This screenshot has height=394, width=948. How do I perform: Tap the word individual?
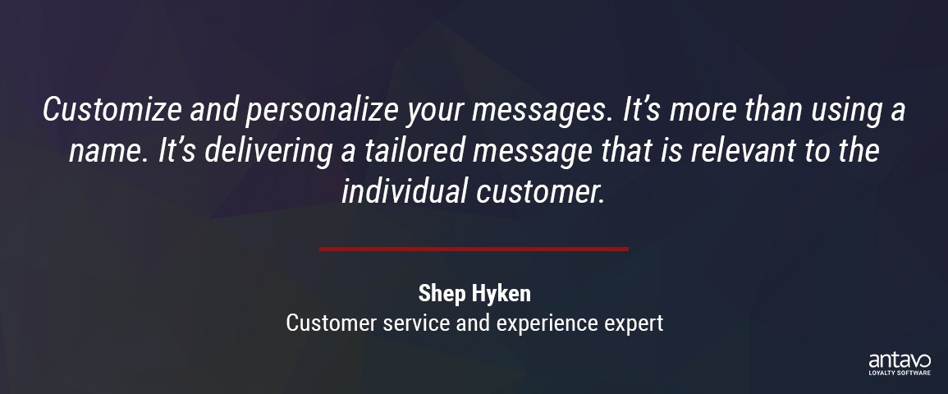(405, 191)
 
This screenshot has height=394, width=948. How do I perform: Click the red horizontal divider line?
(474, 249)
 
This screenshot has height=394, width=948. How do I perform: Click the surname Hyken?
(500, 295)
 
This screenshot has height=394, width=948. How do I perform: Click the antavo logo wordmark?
(900, 361)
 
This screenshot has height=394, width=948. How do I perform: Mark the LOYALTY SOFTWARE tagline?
(900, 373)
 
